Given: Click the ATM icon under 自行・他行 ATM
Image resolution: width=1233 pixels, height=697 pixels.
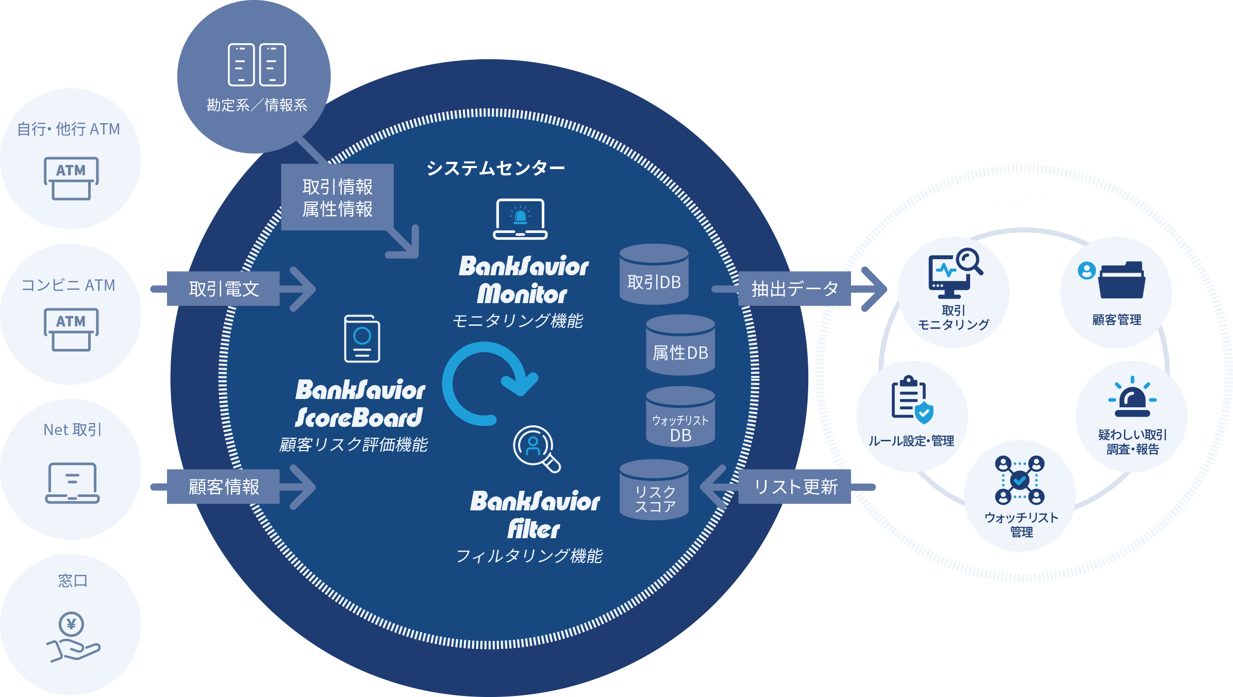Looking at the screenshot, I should click(71, 178).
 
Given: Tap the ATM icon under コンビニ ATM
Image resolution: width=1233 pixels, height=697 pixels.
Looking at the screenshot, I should click(71, 329).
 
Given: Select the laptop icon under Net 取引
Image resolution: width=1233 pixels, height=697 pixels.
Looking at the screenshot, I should click(72, 483).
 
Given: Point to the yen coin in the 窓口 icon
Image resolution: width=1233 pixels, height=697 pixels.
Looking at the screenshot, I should click(71, 624).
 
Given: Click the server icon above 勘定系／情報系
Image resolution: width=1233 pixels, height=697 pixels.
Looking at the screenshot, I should click(257, 64).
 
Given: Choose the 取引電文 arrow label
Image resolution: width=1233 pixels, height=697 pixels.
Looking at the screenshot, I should click(224, 289).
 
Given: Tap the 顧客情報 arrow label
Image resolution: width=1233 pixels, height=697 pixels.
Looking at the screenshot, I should click(224, 487).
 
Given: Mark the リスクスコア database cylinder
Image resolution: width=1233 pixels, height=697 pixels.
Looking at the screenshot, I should click(654, 490).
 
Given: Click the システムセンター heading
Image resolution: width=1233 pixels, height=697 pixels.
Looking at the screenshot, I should click(495, 168).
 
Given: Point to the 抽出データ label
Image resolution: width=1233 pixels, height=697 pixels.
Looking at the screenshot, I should click(794, 289).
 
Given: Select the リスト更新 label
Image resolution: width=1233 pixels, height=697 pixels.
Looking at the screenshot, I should click(795, 487).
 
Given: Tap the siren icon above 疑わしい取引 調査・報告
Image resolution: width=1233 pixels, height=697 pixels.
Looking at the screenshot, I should click(1132, 398).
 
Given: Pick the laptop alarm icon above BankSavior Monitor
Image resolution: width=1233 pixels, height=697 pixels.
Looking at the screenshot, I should click(520, 219).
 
